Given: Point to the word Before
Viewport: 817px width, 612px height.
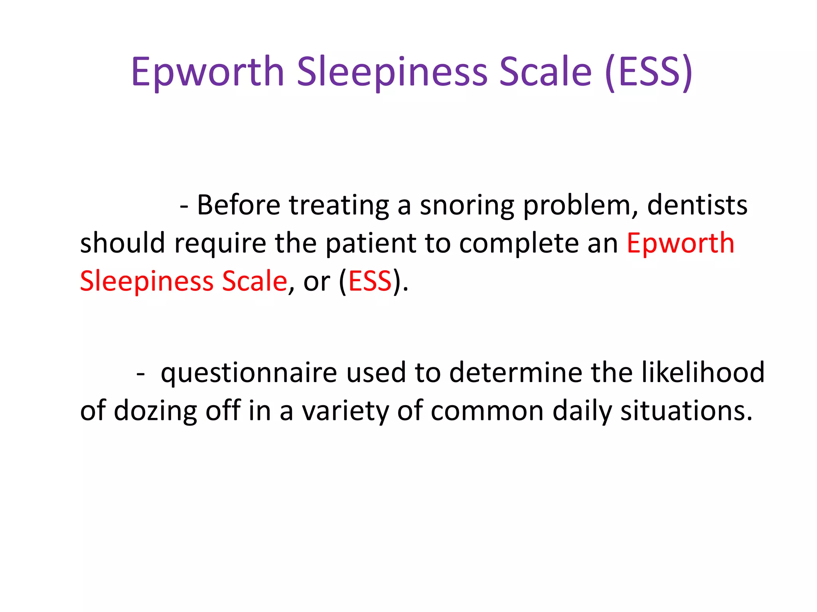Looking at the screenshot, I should pos(239,206).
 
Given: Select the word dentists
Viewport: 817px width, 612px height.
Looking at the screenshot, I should pos(697,206).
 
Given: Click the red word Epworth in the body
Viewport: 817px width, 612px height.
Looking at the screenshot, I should pos(680,243).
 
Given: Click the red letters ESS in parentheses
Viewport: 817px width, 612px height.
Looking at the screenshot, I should pos(370,281).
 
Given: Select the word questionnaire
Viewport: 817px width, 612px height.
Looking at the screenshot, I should pos(249,373).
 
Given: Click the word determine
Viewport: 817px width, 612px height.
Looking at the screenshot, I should pos(516,373).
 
